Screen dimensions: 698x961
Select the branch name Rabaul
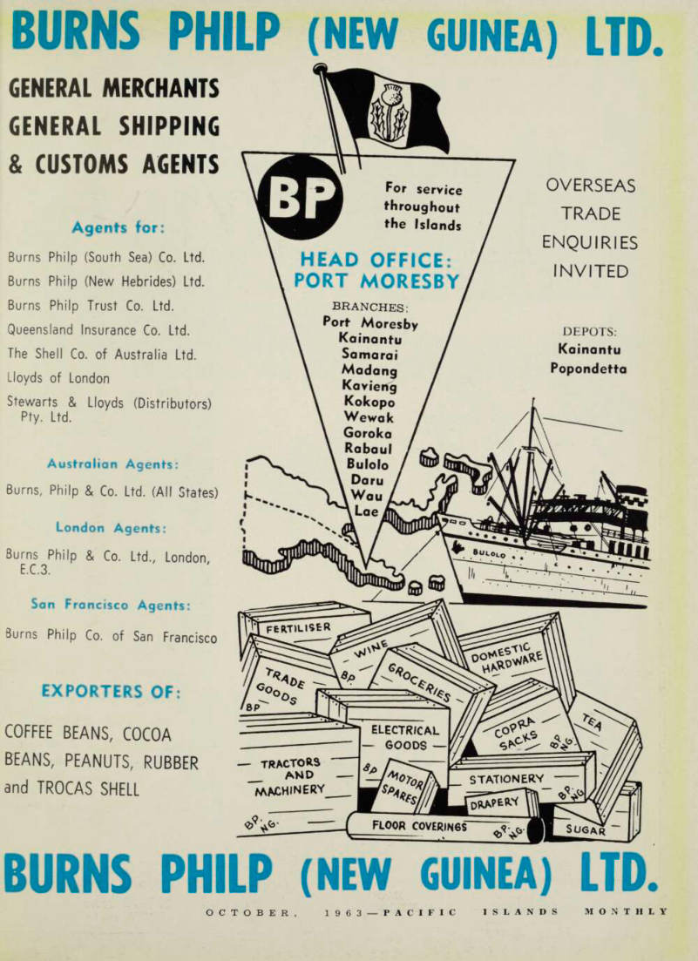point(368,449)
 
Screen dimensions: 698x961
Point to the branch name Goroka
point(368,433)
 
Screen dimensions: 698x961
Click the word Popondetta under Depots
point(588,369)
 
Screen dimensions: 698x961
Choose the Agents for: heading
point(119,227)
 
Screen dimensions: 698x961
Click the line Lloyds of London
point(58,378)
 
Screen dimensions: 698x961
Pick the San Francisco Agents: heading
point(111,605)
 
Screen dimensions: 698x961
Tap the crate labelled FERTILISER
point(298,628)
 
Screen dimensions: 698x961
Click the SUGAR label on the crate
point(586,829)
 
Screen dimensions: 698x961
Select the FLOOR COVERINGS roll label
point(419,826)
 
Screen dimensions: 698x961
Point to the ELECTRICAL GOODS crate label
point(405,738)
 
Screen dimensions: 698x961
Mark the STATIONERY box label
point(506,779)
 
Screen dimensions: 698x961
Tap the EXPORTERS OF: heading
point(111,691)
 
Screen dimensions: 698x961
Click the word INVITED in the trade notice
point(591,271)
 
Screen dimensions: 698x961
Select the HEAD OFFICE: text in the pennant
point(376,260)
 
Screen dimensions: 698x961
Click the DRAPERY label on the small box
point(495,803)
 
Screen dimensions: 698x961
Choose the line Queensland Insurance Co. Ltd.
point(98,329)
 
